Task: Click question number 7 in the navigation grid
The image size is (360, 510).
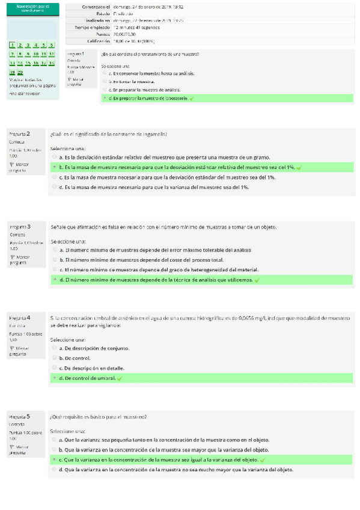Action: tap(12, 54)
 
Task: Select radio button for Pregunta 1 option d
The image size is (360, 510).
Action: tap(105, 97)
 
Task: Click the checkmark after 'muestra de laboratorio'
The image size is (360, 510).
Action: tap(191, 98)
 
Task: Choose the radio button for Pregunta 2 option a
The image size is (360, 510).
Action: tap(55, 156)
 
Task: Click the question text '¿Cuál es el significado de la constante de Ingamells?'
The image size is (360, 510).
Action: tap(109, 134)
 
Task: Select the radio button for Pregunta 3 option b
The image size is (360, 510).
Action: tap(55, 259)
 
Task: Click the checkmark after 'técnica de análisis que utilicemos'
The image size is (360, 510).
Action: tap(257, 280)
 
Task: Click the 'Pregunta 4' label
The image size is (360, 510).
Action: tap(20, 317)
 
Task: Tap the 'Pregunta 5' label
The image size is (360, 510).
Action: tap(20, 416)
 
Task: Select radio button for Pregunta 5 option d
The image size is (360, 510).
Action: tap(55, 469)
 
